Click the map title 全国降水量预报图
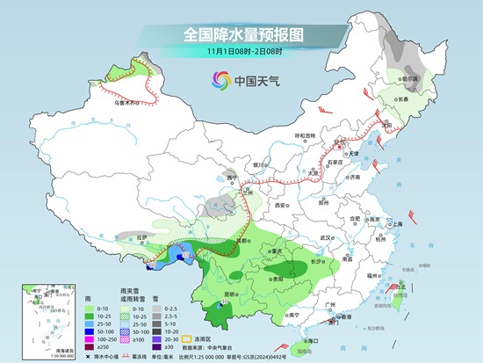241,35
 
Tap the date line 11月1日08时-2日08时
241,53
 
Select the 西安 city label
280,205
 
